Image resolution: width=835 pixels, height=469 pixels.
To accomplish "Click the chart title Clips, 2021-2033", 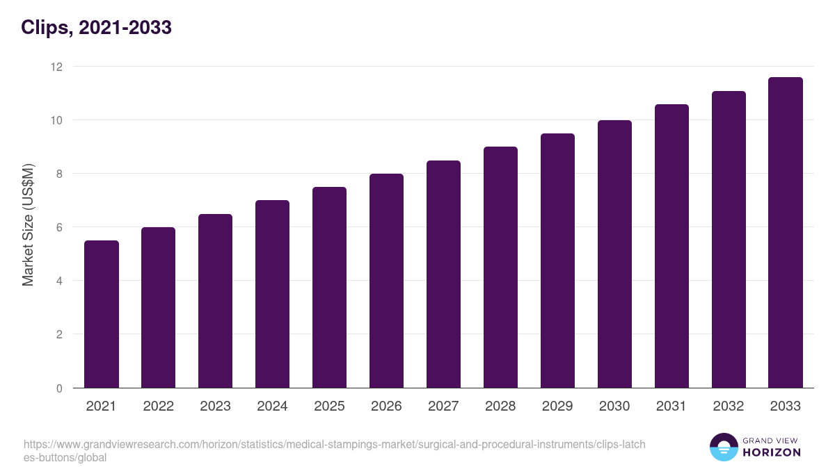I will pyautogui.click(x=96, y=28).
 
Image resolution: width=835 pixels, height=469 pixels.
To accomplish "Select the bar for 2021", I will pyautogui.click(x=102, y=314).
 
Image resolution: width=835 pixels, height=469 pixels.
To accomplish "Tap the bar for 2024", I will pyautogui.click(x=272, y=294).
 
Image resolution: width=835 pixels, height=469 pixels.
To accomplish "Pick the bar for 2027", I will pyautogui.click(x=443, y=274).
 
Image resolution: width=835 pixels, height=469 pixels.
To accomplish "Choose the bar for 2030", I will pyautogui.click(x=614, y=254).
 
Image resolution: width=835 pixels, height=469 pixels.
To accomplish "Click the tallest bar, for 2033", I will pyautogui.click(x=786, y=232).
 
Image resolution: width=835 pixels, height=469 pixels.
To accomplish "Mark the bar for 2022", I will pyautogui.click(x=159, y=307).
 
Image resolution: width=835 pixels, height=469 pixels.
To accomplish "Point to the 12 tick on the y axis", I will pyautogui.click(x=56, y=67).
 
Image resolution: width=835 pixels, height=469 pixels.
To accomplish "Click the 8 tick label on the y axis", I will pyautogui.click(x=59, y=174).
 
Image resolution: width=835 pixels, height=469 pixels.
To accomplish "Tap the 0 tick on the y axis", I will pyautogui.click(x=59, y=388).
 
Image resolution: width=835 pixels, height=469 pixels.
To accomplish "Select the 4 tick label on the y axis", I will pyautogui.click(x=59, y=281).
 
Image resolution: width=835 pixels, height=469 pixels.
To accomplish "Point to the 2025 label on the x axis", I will pyautogui.click(x=329, y=406).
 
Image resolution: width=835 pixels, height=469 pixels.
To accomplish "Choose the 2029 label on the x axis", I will pyautogui.click(x=557, y=406).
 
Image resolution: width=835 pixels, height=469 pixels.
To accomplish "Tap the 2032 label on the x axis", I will pyautogui.click(x=729, y=406).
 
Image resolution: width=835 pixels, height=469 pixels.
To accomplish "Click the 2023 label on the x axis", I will pyautogui.click(x=215, y=406).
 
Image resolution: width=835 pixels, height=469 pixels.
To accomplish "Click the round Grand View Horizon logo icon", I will pyautogui.click(x=724, y=447).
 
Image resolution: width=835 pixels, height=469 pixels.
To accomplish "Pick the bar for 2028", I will pyautogui.click(x=500, y=267).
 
